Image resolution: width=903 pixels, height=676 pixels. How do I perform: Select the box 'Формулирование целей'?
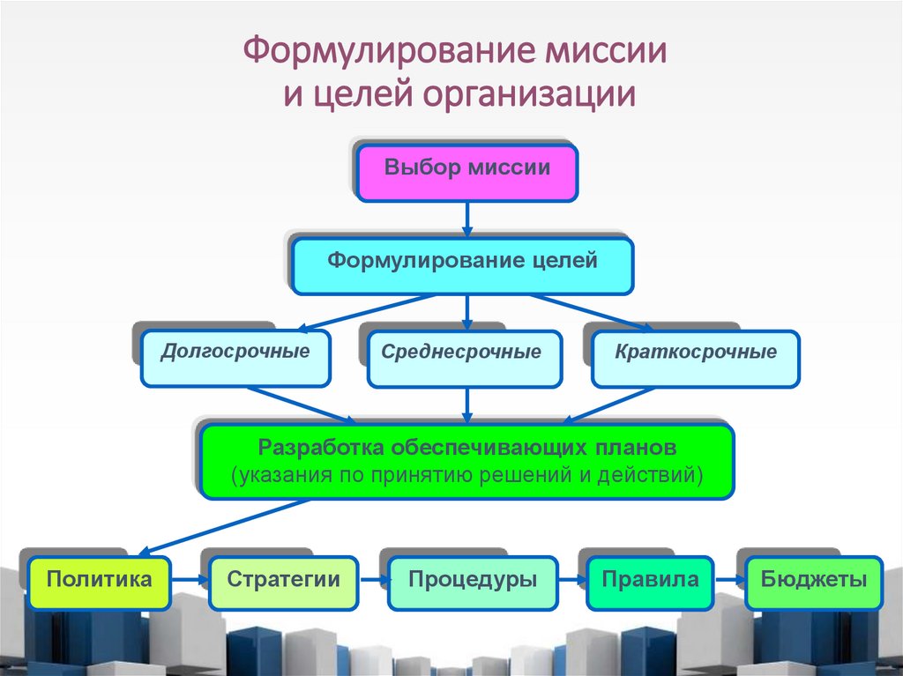click(x=462, y=265)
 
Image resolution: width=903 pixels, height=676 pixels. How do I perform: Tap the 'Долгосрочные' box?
click(x=235, y=358)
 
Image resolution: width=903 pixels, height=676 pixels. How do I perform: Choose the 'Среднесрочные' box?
click(x=464, y=358)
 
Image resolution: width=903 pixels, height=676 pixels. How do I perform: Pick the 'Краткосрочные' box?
click(x=695, y=358)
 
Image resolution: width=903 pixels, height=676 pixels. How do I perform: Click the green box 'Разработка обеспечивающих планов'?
click(x=466, y=461)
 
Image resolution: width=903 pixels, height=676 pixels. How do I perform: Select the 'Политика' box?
click(x=99, y=583)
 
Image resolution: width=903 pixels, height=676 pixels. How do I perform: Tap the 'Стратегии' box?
click(x=283, y=583)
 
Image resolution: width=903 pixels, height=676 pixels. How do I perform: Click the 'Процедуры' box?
click(x=473, y=583)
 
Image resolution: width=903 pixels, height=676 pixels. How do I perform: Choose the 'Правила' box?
click(x=650, y=583)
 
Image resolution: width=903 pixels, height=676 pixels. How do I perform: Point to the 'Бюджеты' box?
click(x=813, y=583)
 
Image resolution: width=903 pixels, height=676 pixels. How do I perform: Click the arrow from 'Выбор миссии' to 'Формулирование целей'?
click(x=466, y=219)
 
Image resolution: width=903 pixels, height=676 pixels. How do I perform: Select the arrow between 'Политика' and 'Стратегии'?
click(x=190, y=581)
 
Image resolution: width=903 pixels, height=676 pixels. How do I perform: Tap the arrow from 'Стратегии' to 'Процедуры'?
click(x=373, y=581)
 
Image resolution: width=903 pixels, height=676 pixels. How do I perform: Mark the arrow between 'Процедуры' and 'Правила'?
click(x=572, y=581)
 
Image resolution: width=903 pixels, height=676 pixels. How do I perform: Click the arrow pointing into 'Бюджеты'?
click(x=729, y=581)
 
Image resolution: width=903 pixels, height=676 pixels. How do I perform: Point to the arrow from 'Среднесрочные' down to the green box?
click(x=466, y=405)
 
